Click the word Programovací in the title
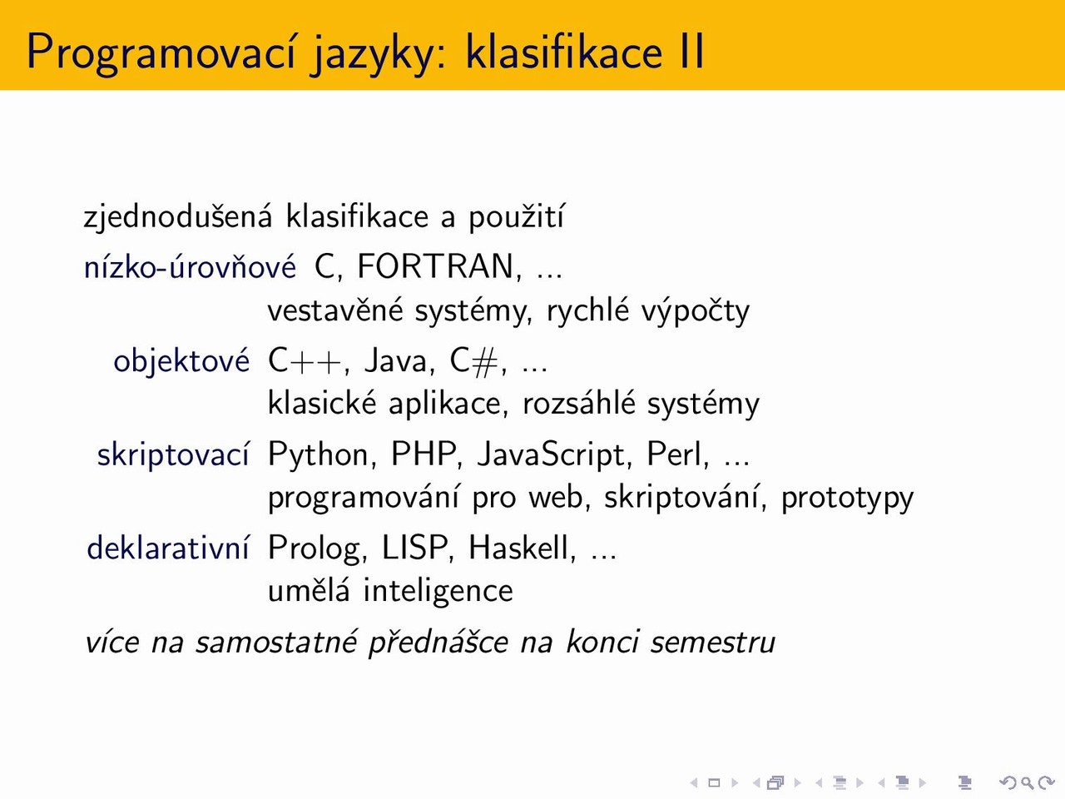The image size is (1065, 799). click(x=161, y=52)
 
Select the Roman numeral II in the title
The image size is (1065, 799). click(x=692, y=51)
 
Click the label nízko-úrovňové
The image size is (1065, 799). click(x=190, y=266)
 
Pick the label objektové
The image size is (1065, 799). click(x=181, y=361)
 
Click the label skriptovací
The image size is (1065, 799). click(x=173, y=454)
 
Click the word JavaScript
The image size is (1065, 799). click(x=554, y=455)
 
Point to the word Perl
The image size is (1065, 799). click(x=676, y=454)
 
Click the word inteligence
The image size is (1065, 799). click(x=438, y=592)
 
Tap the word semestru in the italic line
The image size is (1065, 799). click(x=712, y=642)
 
